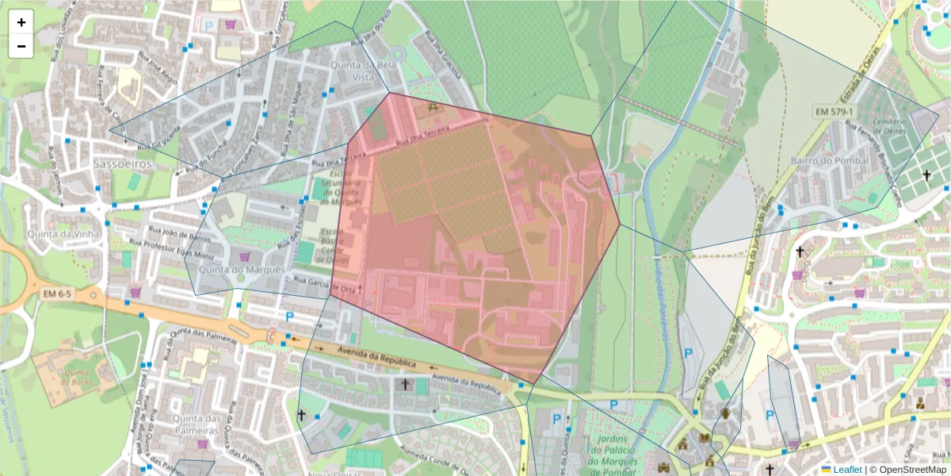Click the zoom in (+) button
[21, 22]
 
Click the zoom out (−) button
[21, 46]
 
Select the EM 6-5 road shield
[56, 294]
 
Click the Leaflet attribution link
[846, 470]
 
